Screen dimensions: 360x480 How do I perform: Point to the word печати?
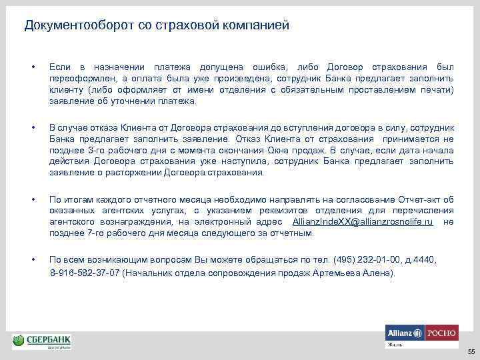[437, 90]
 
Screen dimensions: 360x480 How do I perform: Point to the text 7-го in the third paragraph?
[91, 233]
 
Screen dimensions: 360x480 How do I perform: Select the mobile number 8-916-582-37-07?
[85, 273]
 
